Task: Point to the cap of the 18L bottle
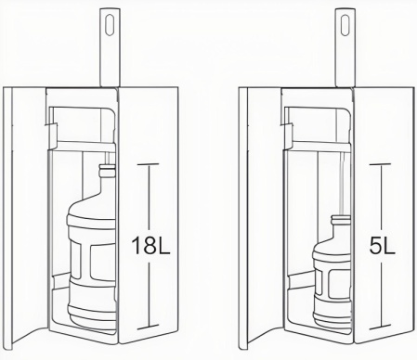(108, 171)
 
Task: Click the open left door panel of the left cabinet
(23, 213)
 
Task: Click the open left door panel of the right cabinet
(257, 213)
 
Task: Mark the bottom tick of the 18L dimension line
(147, 328)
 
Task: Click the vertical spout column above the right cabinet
(343, 56)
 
